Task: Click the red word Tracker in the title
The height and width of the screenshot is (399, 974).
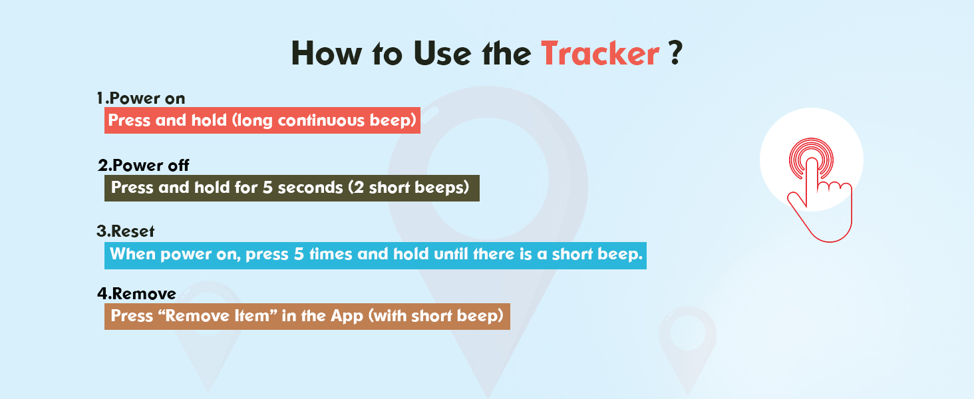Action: [x=601, y=54]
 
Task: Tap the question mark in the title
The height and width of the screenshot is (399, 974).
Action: [x=675, y=53]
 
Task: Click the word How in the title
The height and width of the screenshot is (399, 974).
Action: [x=326, y=54]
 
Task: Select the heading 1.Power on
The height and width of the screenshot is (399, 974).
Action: [x=141, y=98]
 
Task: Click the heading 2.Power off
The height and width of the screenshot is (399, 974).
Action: [x=144, y=165]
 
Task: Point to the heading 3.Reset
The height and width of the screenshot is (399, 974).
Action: [x=125, y=231]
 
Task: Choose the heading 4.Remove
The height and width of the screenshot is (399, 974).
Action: [x=136, y=293]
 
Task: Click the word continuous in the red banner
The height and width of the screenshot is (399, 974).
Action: [x=321, y=120]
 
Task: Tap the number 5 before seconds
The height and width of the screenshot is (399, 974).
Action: [x=267, y=188]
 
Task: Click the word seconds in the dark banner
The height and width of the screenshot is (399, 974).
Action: [x=311, y=188]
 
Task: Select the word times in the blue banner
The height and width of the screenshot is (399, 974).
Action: [x=331, y=254]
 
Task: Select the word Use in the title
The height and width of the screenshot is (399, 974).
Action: [x=442, y=54]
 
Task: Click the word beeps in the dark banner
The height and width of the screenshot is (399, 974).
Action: [x=439, y=188]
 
